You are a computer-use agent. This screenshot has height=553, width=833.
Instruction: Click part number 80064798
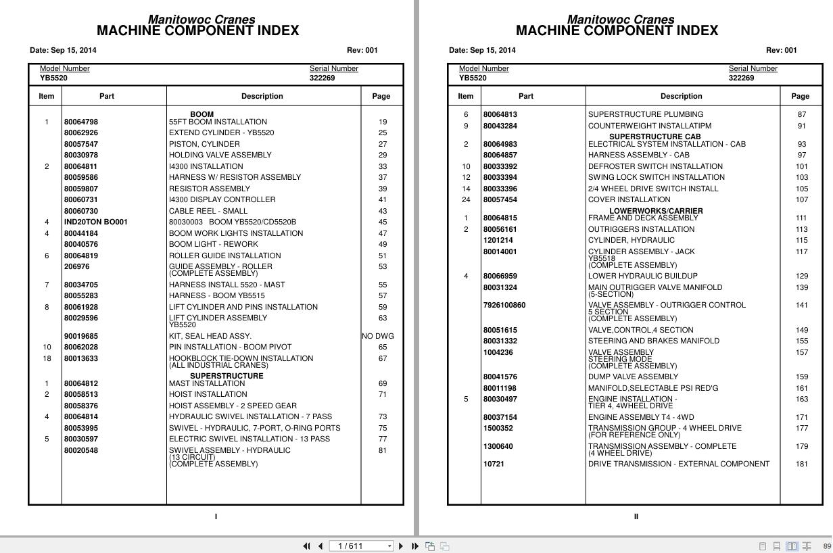pyautogui.click(x=80, y=122)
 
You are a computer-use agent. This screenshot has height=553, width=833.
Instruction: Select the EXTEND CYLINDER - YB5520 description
pyautogui.click(x=221, y=133)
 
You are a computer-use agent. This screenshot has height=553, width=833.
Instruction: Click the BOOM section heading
pyautogui.click(x=201, y=114)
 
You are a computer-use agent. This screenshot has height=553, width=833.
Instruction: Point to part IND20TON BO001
pyautogui.click(x=95, y=222)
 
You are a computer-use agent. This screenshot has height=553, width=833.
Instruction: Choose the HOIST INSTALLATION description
pyautogui.click(x=208, y=395)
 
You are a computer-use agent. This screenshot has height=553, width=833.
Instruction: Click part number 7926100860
pyautogui.click(x=504, y=306)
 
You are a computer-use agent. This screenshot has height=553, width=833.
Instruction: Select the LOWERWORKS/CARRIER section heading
pyautogui.click(x=656, y=211)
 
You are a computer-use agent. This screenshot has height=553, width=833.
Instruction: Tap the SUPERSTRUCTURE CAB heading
pyautogui.click(x=654, y=137)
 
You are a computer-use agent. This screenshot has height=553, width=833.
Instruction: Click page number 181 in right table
pyautogui.click(x=801, y=464)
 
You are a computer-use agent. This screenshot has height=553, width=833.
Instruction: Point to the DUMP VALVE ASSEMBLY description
pyautogui.click(x=632, y=377)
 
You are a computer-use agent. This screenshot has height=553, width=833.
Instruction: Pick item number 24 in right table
pyautogui.click(x=466, y=200)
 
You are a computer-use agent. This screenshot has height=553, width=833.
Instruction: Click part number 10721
pyautogui.click(x=494, y=464)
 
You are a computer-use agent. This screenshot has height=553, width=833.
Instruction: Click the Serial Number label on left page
pyautogui.click(x=333, y=69)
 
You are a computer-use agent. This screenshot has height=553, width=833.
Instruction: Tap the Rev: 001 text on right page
pyautogui.click(x=781, y=50)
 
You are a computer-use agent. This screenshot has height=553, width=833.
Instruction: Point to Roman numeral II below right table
pyautogui.click(x=636, y=517)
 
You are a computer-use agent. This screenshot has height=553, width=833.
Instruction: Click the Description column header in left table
pyautogui.click(x=262, y=96)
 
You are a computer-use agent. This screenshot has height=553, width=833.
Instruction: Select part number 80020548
pyautogui.click(x=80, y=451)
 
